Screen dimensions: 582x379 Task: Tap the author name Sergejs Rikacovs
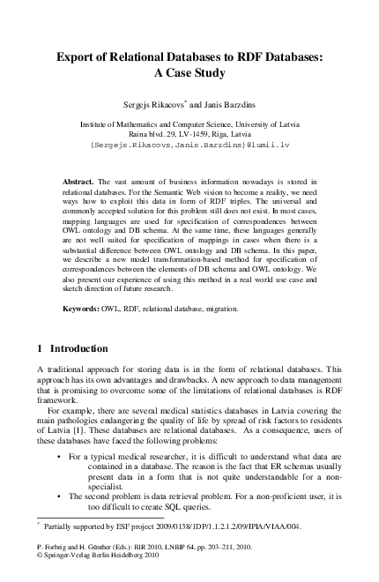click(150, 103)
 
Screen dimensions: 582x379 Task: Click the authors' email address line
click(189, 139)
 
